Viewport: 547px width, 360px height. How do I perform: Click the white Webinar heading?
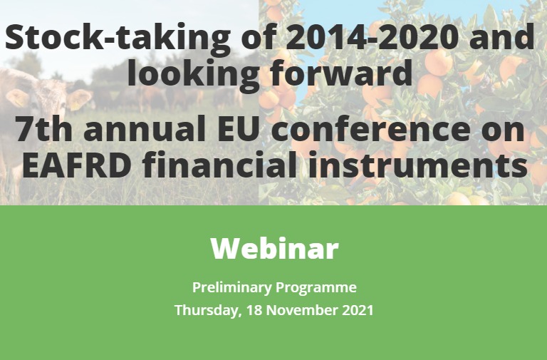(274, 248)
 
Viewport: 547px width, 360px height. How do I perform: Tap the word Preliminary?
(232, 288)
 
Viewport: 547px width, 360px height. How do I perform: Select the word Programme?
(316, 288)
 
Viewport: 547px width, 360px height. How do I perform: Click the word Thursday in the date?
(208, 310)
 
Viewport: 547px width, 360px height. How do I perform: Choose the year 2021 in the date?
(358, 310)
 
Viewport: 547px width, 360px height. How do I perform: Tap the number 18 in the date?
(254, 310)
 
